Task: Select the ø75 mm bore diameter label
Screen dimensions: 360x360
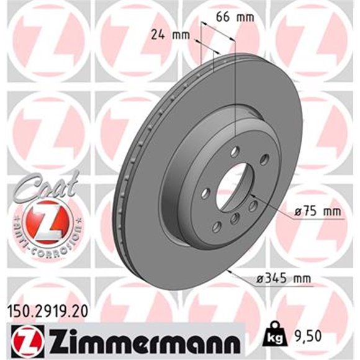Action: tap(317, 212)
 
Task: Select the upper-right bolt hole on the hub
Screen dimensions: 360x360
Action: tap(264, 160)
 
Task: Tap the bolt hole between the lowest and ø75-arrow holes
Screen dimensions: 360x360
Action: tap(235, 218)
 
